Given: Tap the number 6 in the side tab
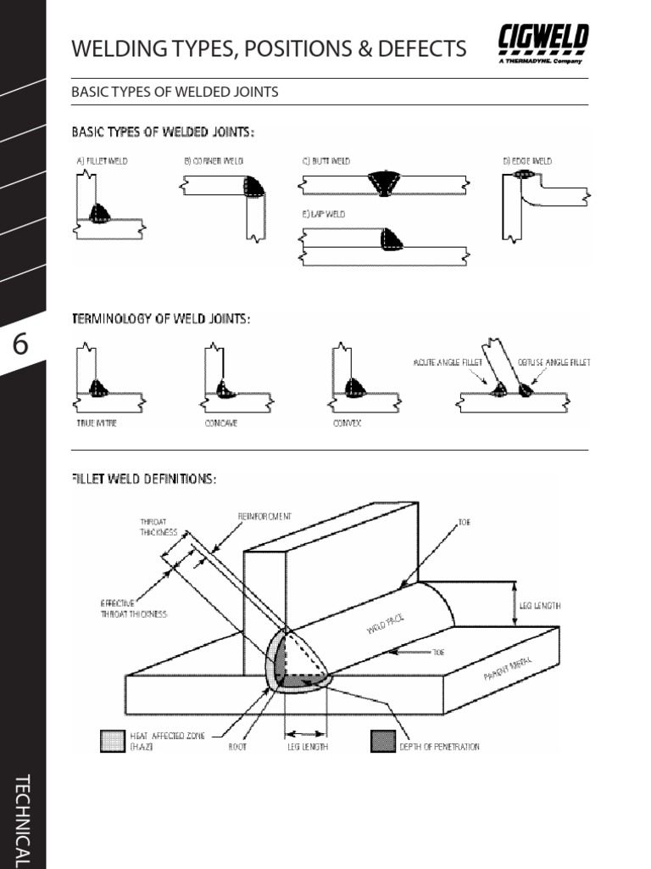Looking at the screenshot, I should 21,345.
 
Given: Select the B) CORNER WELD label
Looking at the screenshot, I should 214,160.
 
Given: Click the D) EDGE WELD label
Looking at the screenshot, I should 527,160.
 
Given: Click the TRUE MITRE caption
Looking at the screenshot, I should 97,423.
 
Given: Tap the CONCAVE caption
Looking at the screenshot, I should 220,423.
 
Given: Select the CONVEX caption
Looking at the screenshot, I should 347,423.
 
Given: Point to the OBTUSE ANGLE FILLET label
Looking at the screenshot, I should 554,362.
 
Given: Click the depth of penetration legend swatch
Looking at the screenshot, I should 382,741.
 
